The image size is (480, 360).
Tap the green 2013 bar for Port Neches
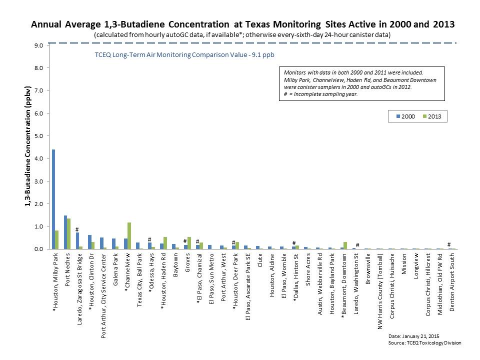(x=69, y=233)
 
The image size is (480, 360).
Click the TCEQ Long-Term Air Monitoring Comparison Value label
(x=184, y=55)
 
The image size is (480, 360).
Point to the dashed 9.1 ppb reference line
(x=250, y=43)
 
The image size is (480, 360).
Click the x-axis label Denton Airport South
(x=452, y=282)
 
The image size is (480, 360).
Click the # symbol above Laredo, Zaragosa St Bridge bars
(x=77, y=229)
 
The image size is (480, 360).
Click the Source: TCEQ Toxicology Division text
(x=424, y=342)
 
